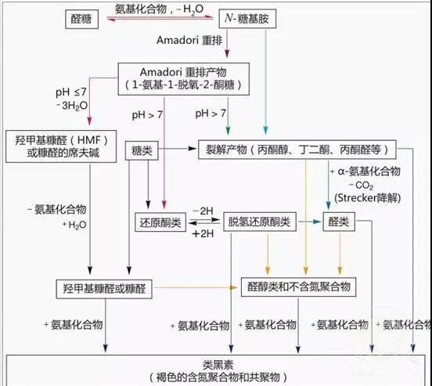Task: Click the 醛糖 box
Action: click(82, 19)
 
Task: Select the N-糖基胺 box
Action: click(247, 19)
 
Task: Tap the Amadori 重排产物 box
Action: click(184, 79)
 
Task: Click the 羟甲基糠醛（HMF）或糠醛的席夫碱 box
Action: click(61, 146)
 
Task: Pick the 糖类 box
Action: click(142, 150)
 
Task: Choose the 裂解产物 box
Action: click(297, 150)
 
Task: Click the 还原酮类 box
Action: click(160, 222)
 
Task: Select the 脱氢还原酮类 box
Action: click(260, 222)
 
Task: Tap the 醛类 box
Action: click(339, 222)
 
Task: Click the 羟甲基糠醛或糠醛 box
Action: click(104, 289)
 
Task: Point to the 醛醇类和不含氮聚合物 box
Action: click(299, 287)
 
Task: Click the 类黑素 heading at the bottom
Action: click(218, 365)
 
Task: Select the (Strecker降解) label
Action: click(368, 198)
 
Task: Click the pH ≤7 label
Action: click(71, 92)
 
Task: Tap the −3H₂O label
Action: click(72, 106)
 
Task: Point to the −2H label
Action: click(203, 211)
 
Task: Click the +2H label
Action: click(203, 234)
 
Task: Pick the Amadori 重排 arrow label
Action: click(189, 41)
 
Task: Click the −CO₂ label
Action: click(362, 186)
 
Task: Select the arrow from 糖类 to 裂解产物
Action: click(177, 149)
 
